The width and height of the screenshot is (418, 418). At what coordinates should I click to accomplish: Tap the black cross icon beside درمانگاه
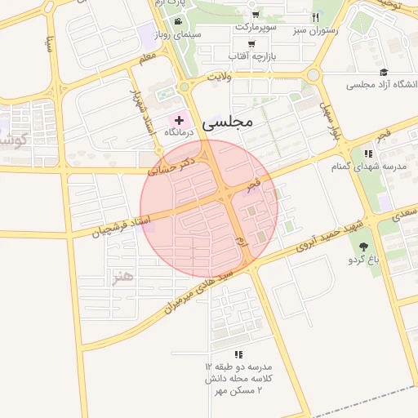point(180,120)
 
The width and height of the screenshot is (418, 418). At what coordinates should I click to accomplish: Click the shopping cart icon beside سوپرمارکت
point(256,15)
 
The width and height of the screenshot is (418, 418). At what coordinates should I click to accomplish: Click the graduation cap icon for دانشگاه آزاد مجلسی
point(384,72)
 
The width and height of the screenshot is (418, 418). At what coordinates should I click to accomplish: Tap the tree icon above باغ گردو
point(363,247)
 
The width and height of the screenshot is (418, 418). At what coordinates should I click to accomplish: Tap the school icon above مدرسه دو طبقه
point(238,354)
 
